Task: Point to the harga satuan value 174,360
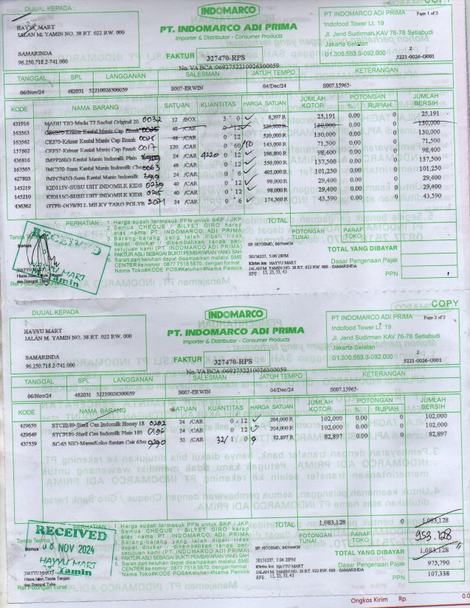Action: (274, 200)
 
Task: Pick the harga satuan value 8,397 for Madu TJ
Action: (274, 117)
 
